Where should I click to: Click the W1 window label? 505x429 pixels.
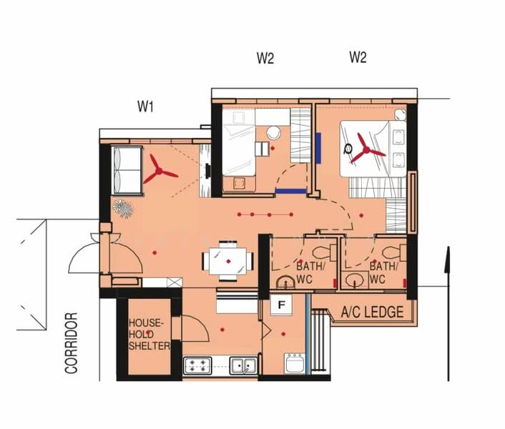(x=146, y=107)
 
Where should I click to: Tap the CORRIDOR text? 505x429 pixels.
(x=72, y=343)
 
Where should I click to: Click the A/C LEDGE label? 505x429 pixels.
(x=372, y=312)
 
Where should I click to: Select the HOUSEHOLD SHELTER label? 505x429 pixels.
(x=149, y=335)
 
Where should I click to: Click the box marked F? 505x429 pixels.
(x=282, y=305)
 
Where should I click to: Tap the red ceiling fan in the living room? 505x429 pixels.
(x=159, y=170)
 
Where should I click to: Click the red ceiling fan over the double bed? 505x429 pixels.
(x=366, y=149)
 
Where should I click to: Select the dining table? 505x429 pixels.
(x=228, y=261)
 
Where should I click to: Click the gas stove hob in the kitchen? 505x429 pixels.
(x=197, y=365)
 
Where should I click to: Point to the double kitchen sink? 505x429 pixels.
(x=243, y=365)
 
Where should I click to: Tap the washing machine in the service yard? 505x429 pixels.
(x=295, y=363)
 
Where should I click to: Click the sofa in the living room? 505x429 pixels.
(x=127, y=170)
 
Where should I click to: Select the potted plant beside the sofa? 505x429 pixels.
(x=123, y=209)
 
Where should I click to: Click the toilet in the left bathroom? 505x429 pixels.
(x=324, y=252)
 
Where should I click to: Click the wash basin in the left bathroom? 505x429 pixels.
(x=285, y=282)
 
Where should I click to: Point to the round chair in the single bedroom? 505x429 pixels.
(x=274, y=133)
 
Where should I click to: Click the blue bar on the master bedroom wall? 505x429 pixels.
(x=318, y=149)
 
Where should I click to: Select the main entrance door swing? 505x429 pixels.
(x=105, y=255)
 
